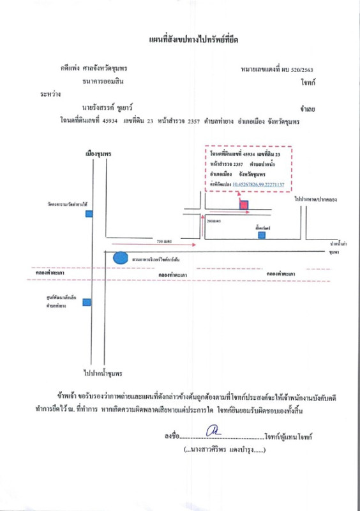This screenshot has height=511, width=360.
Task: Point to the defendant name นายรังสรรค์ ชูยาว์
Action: (x=109, y=109)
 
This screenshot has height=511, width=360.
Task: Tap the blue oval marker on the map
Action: (x=119, y=258)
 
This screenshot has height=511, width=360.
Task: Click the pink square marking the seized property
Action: (x=244, y=205)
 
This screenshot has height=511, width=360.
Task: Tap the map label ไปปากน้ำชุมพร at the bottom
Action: (x=102, y=372)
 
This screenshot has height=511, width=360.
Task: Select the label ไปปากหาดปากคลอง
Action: (x=315, y=200)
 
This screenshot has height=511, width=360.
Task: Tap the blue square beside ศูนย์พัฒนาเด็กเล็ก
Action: (x=86, y=302)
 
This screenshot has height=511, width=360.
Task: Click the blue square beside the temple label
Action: (x=89, y=213)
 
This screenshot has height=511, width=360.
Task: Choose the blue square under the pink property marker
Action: (x=262, y=235)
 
